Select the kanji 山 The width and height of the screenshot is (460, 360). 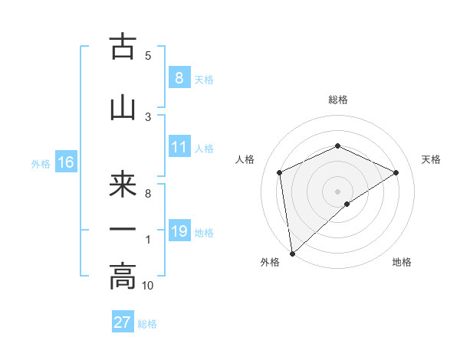point(123,107)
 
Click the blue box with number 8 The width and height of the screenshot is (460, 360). point(179,77)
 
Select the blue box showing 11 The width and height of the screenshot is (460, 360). point(179,147)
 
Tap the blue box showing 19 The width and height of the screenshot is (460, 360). point(179,231)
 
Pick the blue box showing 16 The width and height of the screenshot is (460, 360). point(65,162)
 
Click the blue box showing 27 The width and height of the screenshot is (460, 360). point(123,322)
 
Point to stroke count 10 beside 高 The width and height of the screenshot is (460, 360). point(148,285)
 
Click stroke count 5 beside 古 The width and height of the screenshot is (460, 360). point(148,55)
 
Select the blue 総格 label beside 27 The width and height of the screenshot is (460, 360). point(147,323)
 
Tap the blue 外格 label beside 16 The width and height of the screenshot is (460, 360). point(41,163)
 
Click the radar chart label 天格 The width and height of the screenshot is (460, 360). point(431,159)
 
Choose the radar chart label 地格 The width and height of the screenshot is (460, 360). point(402,262)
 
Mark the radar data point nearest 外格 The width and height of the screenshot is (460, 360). point(291,253)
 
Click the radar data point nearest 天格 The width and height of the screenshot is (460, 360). point(396,172)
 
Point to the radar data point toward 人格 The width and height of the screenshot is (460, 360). point(280,172)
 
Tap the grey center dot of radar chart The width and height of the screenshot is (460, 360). point(337,191)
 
